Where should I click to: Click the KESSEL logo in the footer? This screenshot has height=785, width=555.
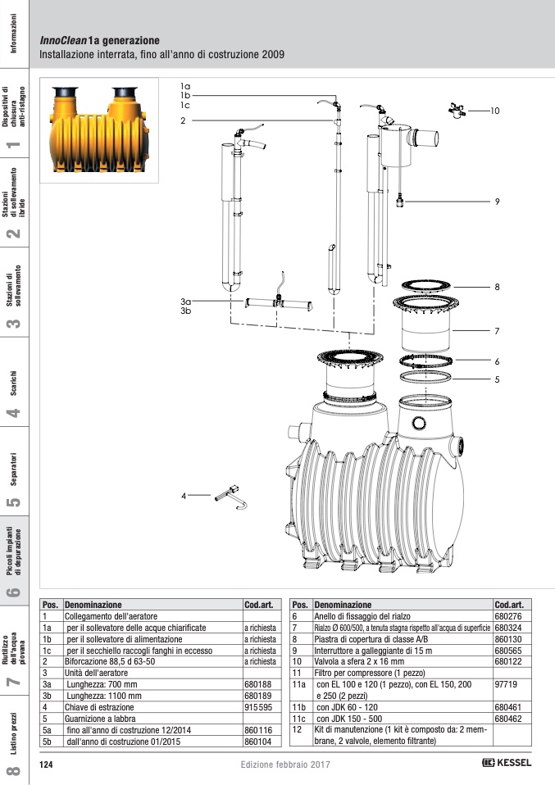click(x=507, y=763)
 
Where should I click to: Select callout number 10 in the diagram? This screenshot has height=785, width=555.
click(x=494, y=110)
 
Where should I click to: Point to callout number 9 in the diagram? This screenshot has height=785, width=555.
click(x=497, y=202)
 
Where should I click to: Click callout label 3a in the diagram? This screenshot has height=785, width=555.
click(x=185, y=302)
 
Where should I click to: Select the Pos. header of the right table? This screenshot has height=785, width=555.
click(x=300, y=604)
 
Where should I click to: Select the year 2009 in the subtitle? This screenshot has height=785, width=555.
click(x=271, y=56)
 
